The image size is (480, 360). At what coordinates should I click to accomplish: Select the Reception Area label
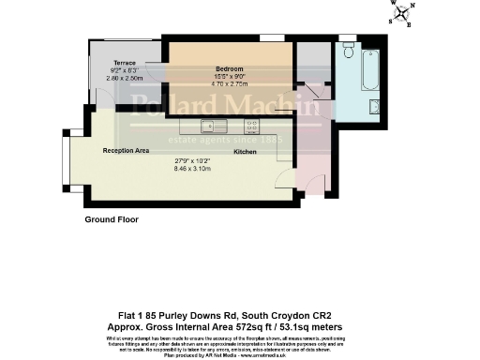pos(127,149)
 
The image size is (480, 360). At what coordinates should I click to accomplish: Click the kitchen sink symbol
pos(212,124)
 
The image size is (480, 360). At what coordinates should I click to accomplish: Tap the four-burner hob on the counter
pos(252,124)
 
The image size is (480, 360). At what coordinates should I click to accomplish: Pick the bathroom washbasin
pos(373,105)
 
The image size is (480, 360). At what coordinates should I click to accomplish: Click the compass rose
pos(403,14)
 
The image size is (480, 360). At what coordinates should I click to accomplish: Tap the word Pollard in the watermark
pos(168,104)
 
